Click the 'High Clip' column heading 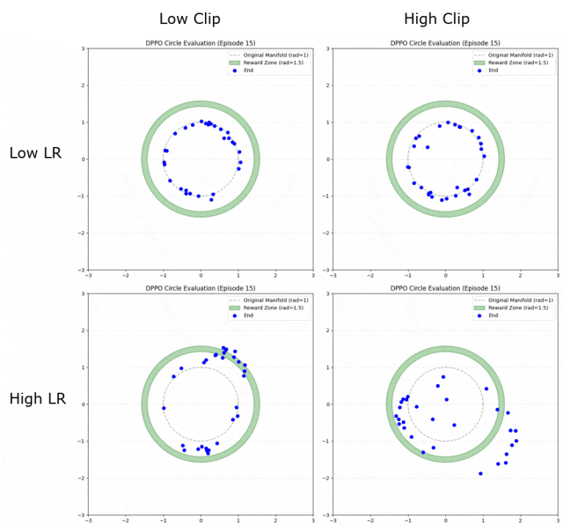[436, 19]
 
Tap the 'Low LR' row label [35, 153]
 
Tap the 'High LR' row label [37, 398]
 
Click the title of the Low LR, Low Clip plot [201, 42]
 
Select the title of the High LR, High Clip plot [445, 287]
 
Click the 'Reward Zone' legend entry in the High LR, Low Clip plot [267, 308]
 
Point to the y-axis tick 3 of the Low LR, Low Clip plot [83, 48]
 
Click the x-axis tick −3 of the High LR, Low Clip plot [88, 520]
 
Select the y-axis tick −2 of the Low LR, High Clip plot [327, 234]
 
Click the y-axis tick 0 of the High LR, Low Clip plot [83, 405]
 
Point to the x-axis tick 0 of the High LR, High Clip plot [446, 520]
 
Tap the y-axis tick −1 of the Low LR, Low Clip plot [81, 197]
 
